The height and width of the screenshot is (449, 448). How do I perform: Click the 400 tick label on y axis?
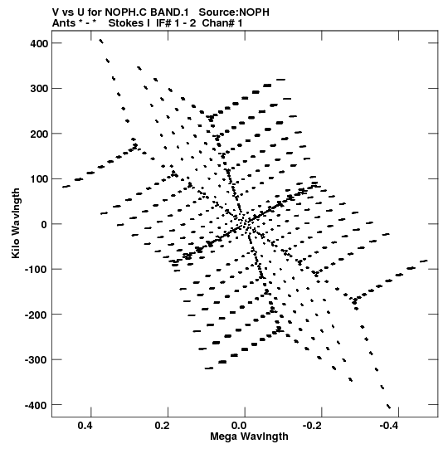(39, 43)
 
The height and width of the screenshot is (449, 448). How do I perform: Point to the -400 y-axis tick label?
(37, 406)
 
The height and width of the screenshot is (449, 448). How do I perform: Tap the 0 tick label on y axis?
(44, 224)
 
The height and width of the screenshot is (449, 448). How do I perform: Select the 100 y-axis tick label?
(39, 179)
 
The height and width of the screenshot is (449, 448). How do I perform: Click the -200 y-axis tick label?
(37, 315)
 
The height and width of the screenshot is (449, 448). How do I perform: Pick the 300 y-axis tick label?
(39, 89)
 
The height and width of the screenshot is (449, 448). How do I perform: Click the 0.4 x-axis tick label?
(85, 426)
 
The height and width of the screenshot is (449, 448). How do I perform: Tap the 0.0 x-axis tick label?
(239, 426)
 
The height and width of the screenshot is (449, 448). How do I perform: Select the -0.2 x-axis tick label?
(314, 426)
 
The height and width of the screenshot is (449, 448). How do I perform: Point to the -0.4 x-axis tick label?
(391, 426)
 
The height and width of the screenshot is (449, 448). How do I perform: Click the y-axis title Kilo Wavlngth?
(16, 223)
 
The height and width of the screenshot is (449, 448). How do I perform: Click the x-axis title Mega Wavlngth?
(249, 437)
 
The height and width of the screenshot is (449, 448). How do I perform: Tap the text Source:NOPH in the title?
(234, 12)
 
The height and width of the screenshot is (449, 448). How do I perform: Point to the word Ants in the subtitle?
(64, 23)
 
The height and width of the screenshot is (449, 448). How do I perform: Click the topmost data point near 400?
(100, 41)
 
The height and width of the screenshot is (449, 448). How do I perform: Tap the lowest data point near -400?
(389, 407)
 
